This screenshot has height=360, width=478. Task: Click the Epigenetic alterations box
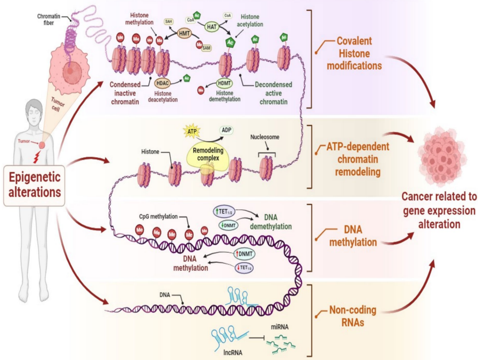click(x=34, y=186)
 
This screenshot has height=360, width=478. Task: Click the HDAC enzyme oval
click(x=163, y=83)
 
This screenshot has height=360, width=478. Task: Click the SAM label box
click(x=206, y=48)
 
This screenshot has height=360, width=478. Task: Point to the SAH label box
click(x=168, y=21)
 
